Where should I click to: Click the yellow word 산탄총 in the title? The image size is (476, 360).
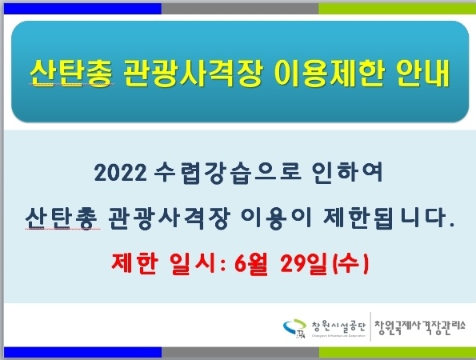coord(71,73)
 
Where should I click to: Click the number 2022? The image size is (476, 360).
coord(121,173)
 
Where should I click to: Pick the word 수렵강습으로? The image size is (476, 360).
coord(228,173)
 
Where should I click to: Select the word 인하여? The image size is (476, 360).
coord(347,173)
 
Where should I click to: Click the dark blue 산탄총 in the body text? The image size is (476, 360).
coord(62,218)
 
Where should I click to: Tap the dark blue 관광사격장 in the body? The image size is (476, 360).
coord(169,218)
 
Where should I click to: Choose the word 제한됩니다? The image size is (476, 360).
coord(389,218)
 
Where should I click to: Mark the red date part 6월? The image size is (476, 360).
coord(250,263)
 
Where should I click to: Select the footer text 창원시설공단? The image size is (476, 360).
coord(338,326)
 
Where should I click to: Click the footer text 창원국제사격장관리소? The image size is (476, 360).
coord(419,327)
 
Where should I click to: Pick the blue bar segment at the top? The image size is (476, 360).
coord(82,9)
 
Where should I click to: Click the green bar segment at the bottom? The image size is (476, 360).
coord(398,353)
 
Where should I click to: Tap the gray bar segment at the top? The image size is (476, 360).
coord(240,9)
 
